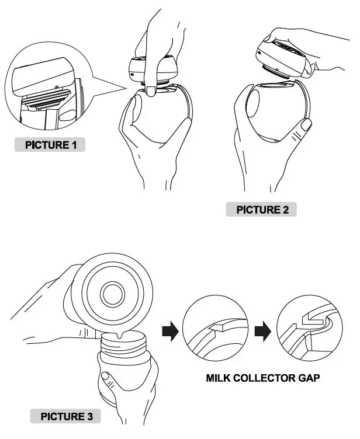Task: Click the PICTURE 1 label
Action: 50,144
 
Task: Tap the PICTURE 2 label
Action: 262,209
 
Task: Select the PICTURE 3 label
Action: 65,416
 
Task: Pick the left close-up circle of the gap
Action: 214,332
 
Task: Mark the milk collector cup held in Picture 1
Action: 161,120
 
